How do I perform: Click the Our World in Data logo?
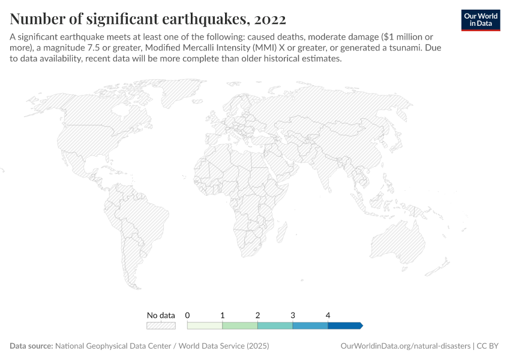[480, 20]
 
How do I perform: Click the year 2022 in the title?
[270, 18]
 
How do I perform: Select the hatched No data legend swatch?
[161, 325]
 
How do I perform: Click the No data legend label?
[161, 315]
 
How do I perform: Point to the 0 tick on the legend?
[188, 315]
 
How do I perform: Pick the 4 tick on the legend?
[328, 315]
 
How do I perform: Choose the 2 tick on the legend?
[257, 315]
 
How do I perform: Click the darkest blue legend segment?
[344, 325]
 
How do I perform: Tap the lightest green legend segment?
[205, 325]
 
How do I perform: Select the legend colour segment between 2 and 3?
[275, 325]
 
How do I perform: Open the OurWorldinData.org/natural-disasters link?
[405, 346]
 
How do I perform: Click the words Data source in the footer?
[31, 346]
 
